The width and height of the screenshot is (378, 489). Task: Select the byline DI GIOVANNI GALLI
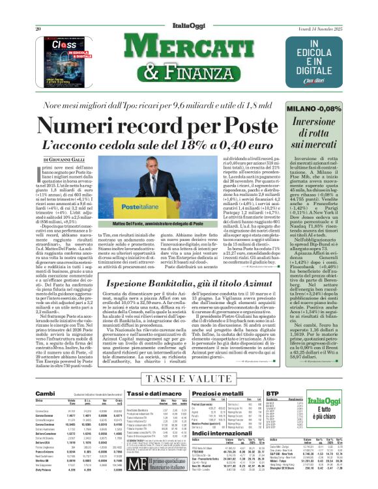pyautogui.click(x=65, y=158)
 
